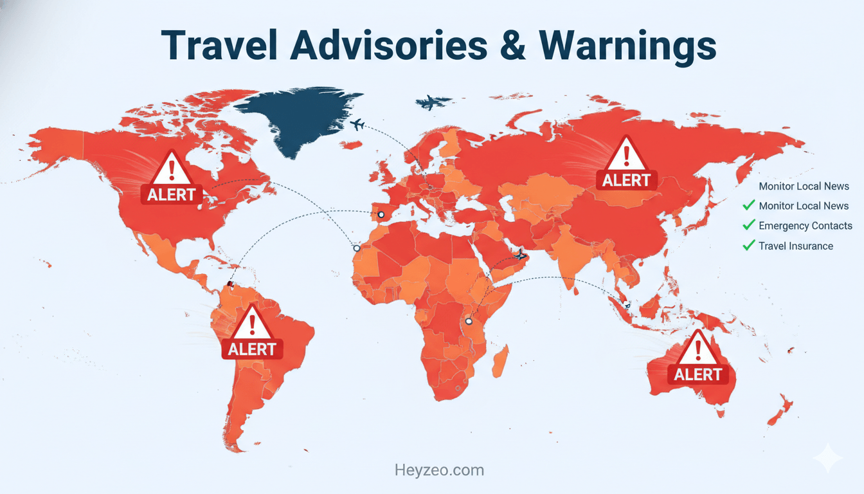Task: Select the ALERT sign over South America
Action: click(252, 333)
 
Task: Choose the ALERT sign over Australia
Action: click(698, 358)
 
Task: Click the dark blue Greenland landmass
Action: click(296, 119)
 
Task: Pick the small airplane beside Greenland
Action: click(357, 124)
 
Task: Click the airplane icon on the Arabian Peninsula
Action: click(520, 256)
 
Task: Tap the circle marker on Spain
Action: click(381, 215)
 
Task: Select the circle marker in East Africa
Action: click(469, 321)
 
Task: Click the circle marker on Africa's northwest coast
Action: click(356, 248)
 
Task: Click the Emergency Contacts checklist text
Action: click(805, 226)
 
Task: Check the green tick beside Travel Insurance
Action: click(748, 245)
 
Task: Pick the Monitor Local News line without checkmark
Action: click(804, 187)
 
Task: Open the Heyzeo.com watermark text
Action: click(439, 470)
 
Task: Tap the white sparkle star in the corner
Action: click(827, 459)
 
